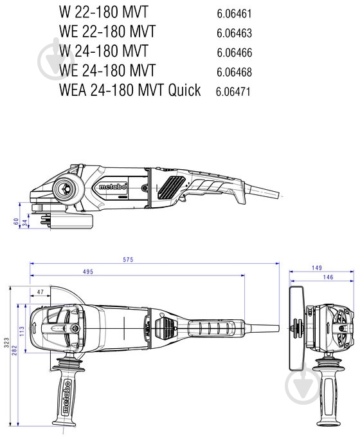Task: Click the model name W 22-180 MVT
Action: [x=102, y=12]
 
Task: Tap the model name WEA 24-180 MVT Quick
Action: [x=130, y=89]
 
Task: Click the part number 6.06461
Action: [x=234, y=14]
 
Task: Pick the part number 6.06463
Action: [x=234, y=33]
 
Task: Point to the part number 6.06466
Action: [x=234, y=52]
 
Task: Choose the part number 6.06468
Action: [x=234, y=71]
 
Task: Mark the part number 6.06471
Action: [x=233, y=91]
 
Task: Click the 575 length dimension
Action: [x=128, y=259]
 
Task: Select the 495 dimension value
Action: [x=87, y=272]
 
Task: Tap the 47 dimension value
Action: [x=40, y=292]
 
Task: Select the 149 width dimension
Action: [x=317, y=268]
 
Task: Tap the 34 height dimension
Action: [x=24, y=223]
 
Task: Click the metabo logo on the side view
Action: [x=113, y=187]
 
